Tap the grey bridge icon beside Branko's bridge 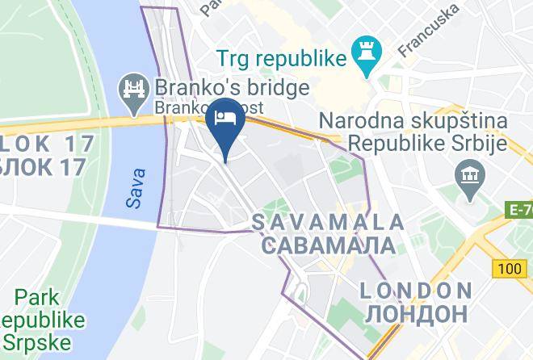click(132, 87)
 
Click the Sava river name click(136, 188)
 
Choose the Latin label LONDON click(415, 290)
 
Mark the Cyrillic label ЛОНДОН click(415, 312)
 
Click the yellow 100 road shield click(510, 267)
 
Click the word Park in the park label click(36, 295)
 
